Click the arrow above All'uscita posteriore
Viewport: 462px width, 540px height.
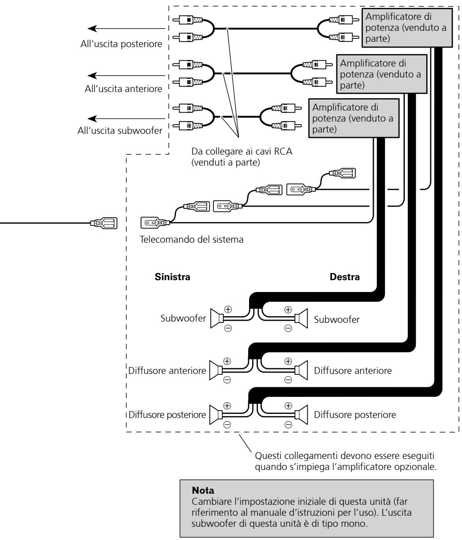(x=126, y=29)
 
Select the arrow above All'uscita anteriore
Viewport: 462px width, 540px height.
(x=126, y=76)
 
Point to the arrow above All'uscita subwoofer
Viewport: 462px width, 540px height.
(x=126, y=118)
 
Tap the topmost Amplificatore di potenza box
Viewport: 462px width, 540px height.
(x=407, y=28)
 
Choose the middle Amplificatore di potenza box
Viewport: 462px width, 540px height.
(x=381, y=74)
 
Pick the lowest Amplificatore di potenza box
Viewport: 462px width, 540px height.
(x=354, y=118)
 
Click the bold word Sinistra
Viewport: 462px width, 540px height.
(x=172, y=277)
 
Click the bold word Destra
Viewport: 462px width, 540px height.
(x=345, y=277)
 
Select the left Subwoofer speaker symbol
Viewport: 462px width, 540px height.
(x=217, y=318)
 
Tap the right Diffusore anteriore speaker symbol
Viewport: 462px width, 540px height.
(x=301, y=370)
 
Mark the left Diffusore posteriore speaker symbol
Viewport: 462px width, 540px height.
(x=216, y=414)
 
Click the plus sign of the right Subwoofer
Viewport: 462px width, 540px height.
(x=288, y=310)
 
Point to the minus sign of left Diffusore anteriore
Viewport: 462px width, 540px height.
(x=227, y=380)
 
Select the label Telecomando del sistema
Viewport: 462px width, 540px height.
(x=191, y=239)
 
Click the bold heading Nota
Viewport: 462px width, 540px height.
(x=203, y=490)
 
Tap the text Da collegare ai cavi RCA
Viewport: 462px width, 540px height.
(x=242, y=151)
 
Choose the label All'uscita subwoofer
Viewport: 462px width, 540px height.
(x=120, y=130)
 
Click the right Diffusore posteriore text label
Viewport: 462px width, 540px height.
(x=355, y=414)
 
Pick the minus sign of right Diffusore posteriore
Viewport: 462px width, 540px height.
(x=288, y=425)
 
